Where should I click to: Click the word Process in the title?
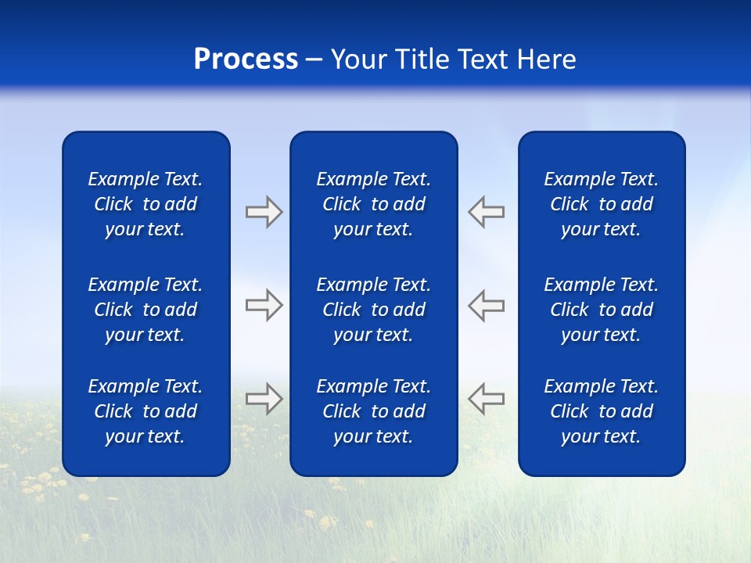tap(246, 59)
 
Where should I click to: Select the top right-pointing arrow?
tap(264, 212)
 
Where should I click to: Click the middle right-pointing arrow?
tap(264, 305)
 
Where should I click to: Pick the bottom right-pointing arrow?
tap(264, 398)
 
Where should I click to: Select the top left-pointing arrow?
tap(487, 212)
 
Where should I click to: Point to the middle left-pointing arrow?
tap(487, 305)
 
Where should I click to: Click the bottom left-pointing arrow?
tap(487, 398)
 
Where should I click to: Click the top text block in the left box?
tap(146, 204)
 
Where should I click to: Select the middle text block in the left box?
tap(146, 310)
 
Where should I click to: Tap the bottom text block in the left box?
tap(146, 411)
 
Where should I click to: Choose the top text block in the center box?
tap(373, 204)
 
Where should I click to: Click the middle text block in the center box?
tap(373, 310)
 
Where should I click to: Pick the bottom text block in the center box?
tap(373, 411)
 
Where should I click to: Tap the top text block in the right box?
tap(601, 204)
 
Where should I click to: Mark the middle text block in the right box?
tap(601, 310)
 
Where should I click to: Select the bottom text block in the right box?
tap(601, 411)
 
